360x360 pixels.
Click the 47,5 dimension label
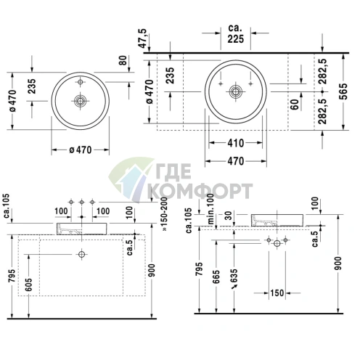tap(143, 38)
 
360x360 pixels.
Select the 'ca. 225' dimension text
tap(235, 33)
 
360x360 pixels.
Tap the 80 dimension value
tap(123, 60)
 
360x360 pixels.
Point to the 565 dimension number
tap(343, 91)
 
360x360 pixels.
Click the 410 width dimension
tap(236, 143)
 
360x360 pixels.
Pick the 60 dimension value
tap(295, 104)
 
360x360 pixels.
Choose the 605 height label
tap(28, 285)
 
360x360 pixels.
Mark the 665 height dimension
tap(216, 277)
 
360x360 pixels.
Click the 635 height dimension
tap(234, 276)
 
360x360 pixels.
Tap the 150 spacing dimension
tap(277, 293)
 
